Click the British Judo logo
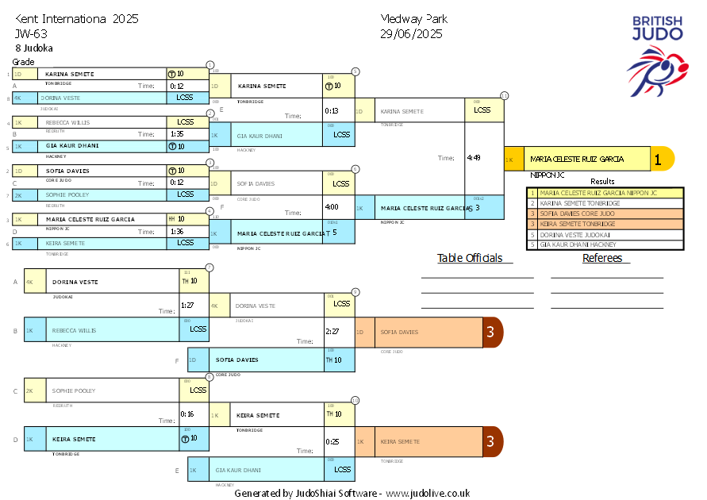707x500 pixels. (x=656, y=52)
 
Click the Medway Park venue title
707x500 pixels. (x=413, y=19)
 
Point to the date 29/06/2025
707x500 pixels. (x=411, y=34)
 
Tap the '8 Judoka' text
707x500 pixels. (x=34, y=48)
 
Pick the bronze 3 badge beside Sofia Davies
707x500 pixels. (x=493, y=333)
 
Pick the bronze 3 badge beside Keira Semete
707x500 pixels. (x=493, y=441)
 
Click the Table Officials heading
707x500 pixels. (x=470, y=258)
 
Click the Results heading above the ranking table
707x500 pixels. (x=603, y=182)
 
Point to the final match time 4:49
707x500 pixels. (x=473, y=158)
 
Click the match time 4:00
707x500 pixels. (x=332, y=206)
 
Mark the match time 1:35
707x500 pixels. (x=177, y=134)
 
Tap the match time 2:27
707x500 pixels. (x=332, y=332)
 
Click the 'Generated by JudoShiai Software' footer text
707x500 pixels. (x=352, y=493)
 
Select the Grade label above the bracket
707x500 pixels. (x=24, y=62)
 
